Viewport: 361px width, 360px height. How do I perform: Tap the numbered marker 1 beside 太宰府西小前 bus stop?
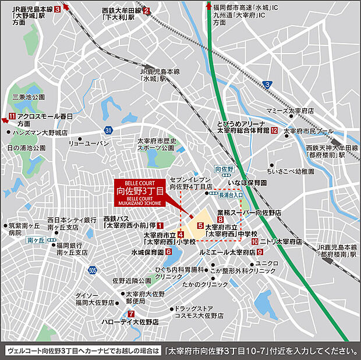pyautogui.click(x=160, y=225)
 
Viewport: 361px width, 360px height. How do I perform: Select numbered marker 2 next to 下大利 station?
pyautogui.click(x=147, y=10)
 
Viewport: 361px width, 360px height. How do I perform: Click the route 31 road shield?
pyautogui.click(x=108, y=129)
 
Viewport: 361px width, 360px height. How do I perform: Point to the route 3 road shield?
pyautogui.click(x=267, y=85)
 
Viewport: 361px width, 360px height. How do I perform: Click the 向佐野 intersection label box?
pyautogui.click(x=224, y=169)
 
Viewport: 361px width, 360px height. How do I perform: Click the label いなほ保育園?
pyautogui.click(x=247, y=182)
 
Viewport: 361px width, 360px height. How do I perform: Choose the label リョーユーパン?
pyautogui.click(x=89, y=143)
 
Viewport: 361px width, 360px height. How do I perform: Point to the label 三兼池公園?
pyautogui.click(x=29, y=97)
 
